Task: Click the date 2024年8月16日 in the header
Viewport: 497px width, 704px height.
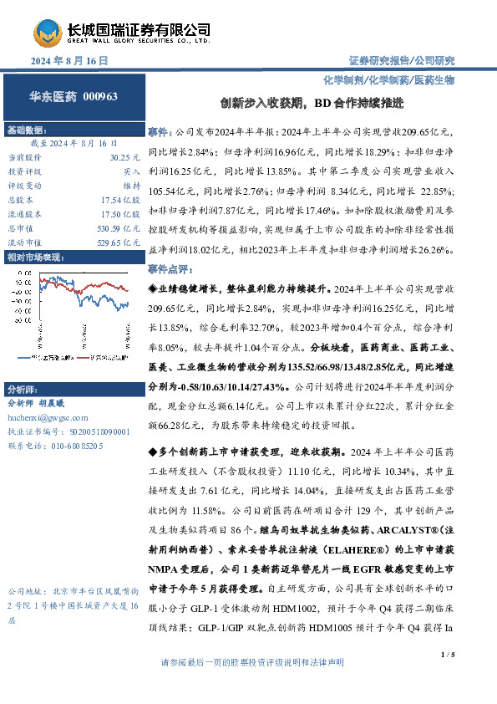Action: tap(70, 62)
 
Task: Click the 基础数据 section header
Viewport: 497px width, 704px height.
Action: tap(26, 131)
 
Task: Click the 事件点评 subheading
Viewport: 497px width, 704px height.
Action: tap(171, 271)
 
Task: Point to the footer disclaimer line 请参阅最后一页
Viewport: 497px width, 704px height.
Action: tap(251, 685)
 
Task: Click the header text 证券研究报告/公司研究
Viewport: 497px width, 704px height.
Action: tap(401, 61)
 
